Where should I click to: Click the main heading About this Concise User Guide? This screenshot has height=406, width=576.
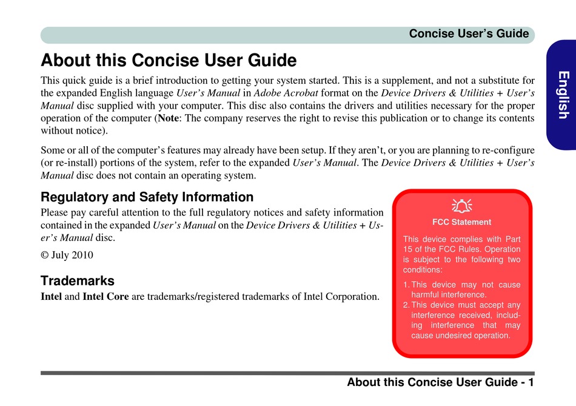169,60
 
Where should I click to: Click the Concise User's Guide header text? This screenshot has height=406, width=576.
469,34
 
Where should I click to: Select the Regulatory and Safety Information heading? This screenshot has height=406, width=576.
147,197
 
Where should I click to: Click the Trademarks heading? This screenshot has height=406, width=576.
78,281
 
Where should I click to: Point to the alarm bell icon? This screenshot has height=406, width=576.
462,206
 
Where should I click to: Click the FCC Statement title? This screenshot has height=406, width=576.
462,222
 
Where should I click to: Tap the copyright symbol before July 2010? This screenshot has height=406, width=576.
44,255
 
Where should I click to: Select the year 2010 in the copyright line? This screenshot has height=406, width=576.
82,255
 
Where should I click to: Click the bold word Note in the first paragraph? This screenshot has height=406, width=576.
168,118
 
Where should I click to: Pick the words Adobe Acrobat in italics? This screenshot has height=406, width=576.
286,93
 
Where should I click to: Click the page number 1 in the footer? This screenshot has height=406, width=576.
531,382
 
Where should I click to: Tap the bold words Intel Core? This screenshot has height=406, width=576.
105,296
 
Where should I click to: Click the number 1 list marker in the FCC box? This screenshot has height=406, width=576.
406,285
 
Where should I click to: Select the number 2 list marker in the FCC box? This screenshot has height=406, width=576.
406,305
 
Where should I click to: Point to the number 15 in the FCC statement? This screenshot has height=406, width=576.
408,249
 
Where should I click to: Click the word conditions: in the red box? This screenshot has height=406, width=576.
423,269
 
